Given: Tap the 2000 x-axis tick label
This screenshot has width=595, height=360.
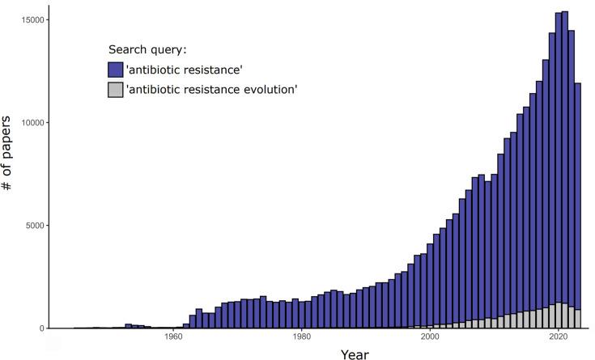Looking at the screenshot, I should pyautogui.click(x=430, y=338).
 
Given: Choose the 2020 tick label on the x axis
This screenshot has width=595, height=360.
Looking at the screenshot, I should pyautogui.click(x=559, y=338).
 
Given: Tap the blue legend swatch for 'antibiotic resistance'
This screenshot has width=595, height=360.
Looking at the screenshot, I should pyautogui.click(x=116, y=69).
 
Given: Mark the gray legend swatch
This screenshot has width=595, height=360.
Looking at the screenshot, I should pyautogui.click(x=116, y=89).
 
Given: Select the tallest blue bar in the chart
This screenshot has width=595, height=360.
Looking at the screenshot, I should pyautogui.click(x=565, y=162).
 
